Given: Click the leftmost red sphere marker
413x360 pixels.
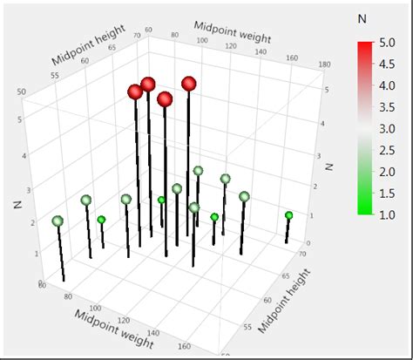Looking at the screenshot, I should pyautogui.click(x=135, y=92).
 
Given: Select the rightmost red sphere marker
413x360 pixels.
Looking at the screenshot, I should pyautogui.click(x=189, y=84).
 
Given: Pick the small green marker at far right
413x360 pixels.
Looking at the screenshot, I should pyautogui.click(x=288, y=215).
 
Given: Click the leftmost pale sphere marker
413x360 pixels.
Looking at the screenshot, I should pyautogui.click(x=58, y=221).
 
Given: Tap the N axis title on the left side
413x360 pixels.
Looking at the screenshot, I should pyautogui.click(x=17, y=203).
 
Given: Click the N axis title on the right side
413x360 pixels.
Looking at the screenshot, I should pyautogui.click(x=329, y=162).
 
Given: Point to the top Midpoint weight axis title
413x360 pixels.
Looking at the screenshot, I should pyautogui.click(x=234, y=34).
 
